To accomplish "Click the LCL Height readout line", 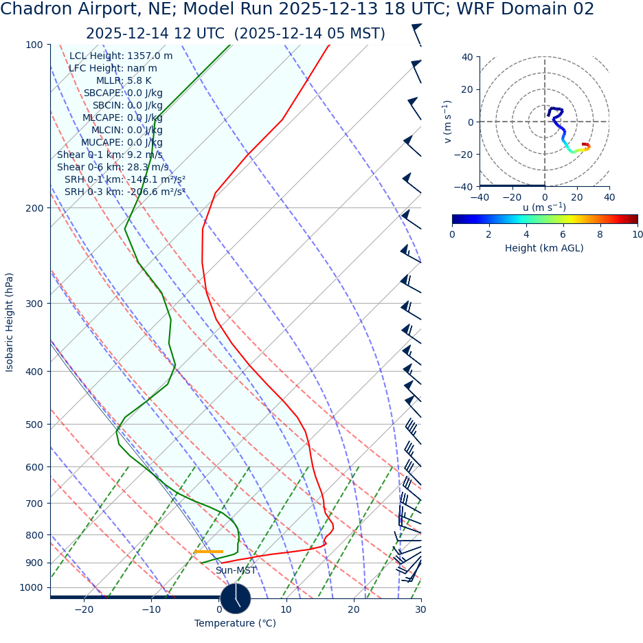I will click(121, 56).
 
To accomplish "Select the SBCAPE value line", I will click(123, 93).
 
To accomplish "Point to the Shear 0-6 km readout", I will click(113, 167).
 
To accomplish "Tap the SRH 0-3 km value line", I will click(125, 192).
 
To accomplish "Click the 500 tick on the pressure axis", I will click(34, 425).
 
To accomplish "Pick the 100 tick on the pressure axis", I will click(34, 45).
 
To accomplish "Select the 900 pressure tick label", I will click(34, 563).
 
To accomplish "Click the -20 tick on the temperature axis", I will click(84, 609).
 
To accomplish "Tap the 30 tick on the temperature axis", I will click(420, 609).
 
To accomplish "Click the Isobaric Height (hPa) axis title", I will click(10, 322).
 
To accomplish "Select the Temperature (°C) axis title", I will click(235, 624).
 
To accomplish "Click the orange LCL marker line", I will click(209, 552).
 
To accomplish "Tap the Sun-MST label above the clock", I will click(236, 571).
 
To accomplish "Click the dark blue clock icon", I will click(236, 598).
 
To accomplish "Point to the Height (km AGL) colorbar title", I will click(544, 248).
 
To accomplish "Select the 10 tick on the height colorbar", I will click(637, 234).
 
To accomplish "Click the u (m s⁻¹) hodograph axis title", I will click(544, 207).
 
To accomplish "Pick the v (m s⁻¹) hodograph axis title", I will click(448, 122).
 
